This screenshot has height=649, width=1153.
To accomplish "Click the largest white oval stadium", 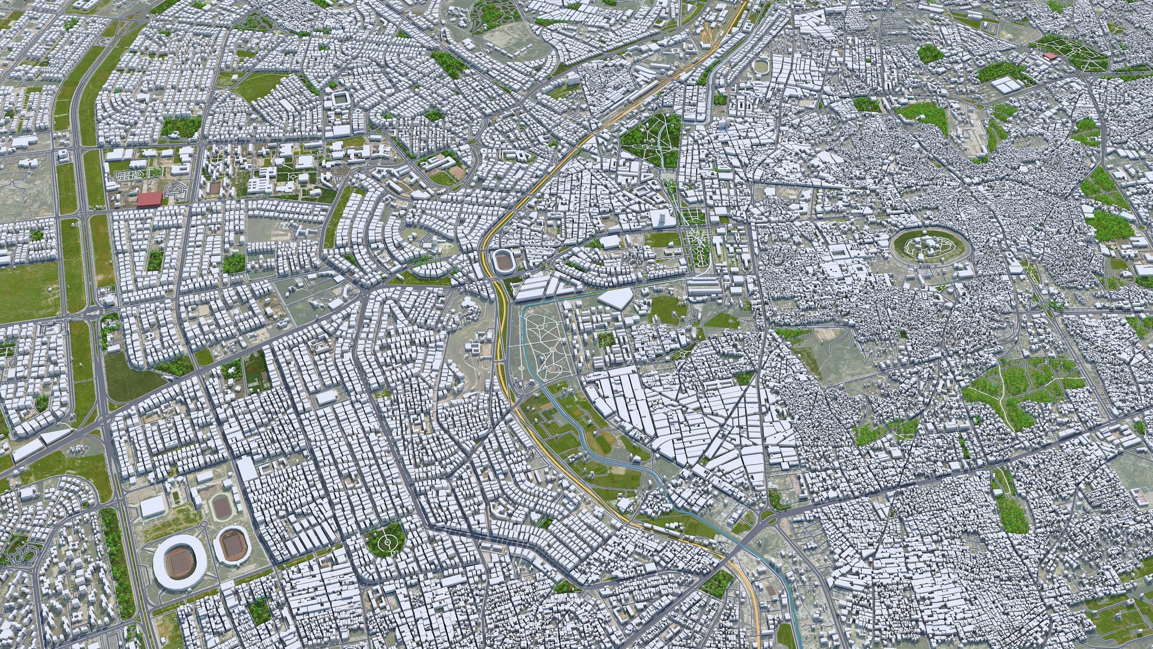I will (180, 560).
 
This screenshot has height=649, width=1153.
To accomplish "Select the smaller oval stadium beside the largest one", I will (231, 544).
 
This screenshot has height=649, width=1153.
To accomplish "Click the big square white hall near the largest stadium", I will (153, 508).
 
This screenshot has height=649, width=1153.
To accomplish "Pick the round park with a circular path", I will (386, 539).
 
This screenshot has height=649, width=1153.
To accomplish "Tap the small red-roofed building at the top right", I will (1050, 56).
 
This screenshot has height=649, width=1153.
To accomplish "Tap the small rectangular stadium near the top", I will (341, 98).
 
